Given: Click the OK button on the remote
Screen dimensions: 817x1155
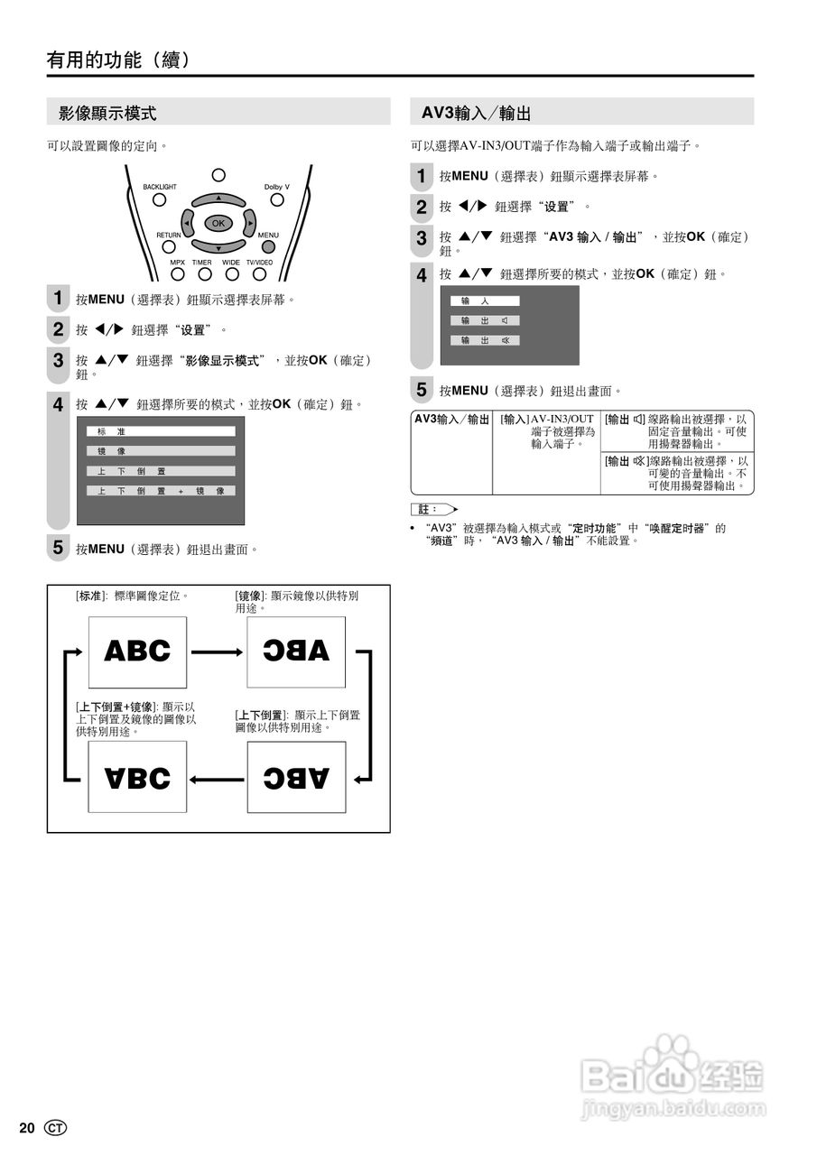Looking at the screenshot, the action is click(218, 222).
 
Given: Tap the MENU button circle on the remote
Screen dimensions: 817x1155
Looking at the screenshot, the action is click(268, 246).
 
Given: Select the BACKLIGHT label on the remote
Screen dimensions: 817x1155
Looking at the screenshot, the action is click(160, 187).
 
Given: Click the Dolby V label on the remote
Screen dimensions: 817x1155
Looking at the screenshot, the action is click(276, 187).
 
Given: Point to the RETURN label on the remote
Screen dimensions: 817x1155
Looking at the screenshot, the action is click(169, 235).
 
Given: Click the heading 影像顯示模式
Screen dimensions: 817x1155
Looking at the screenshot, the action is click(107, 114).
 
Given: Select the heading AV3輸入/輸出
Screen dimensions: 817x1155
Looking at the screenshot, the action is click(476, 114).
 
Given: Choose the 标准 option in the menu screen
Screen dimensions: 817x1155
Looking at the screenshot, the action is click(161, 431).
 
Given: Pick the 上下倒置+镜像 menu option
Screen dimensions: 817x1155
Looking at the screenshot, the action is click(161, 491).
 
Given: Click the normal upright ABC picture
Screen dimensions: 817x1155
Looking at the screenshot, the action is click(137, 651).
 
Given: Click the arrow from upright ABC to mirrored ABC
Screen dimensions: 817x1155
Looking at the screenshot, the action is click(217, 651).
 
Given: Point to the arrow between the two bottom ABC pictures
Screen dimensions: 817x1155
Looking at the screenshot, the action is click(217, 778).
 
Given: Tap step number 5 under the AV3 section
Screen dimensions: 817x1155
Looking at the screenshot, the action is click(421, 391).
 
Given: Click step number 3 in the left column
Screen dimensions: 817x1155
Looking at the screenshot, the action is click(58, 360).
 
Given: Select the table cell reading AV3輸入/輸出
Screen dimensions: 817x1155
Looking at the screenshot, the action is click(451, 420).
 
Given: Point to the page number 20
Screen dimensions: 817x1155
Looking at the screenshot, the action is click(26, 1128).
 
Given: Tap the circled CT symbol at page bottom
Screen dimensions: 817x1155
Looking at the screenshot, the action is click(55, 1128).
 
